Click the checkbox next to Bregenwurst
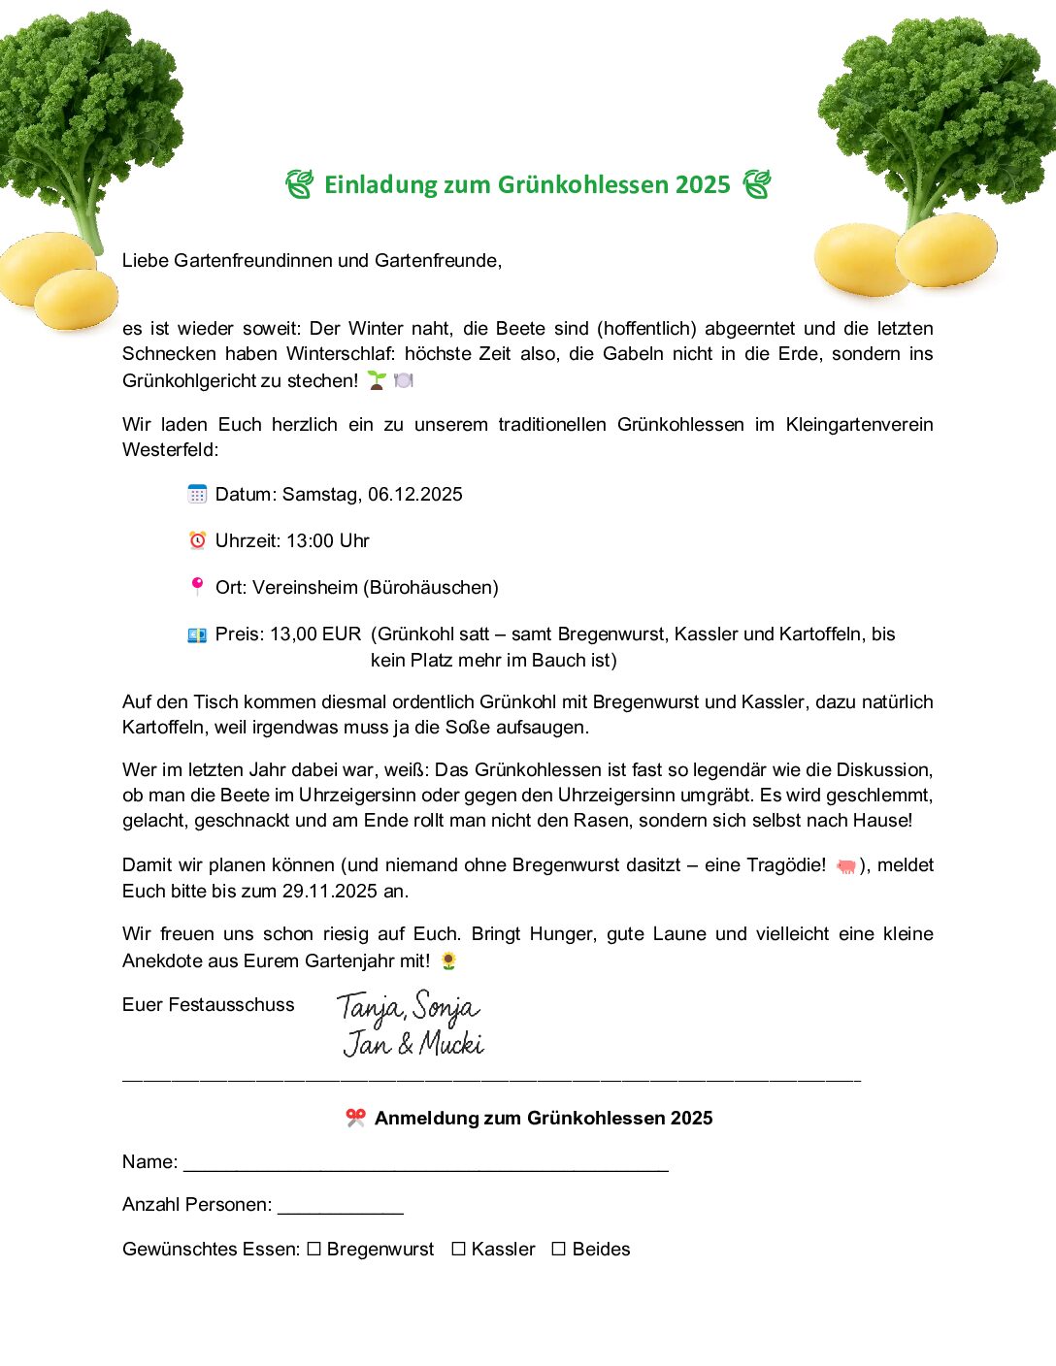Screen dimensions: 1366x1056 [313, 1250]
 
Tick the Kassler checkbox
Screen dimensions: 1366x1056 [458, 1250]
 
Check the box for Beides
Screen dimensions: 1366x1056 [559, 1250]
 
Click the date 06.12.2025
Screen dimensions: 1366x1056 [414, 495]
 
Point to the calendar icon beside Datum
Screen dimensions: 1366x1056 [197, 494]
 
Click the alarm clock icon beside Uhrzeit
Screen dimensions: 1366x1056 [197, 540]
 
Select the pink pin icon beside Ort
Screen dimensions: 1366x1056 [197, 586]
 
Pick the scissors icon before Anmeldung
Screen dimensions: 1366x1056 [355, 1118]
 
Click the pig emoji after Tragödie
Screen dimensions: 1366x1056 [845, 865]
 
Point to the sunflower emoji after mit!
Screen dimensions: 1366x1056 [448, 960]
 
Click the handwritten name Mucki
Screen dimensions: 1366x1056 [451, 1044]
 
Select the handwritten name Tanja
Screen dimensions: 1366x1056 [369, 1008]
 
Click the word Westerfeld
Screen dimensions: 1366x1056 [168, 450]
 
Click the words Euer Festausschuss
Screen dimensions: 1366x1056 [208, 1005]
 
